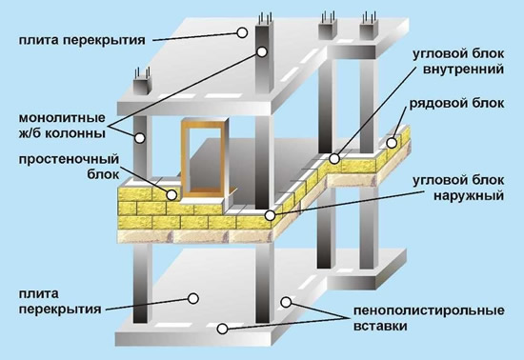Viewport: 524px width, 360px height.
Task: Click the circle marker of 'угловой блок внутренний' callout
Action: pos(335,156)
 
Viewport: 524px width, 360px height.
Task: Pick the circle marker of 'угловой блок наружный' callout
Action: pos(271,215)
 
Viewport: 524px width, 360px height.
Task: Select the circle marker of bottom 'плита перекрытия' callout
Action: pos(193,298)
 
